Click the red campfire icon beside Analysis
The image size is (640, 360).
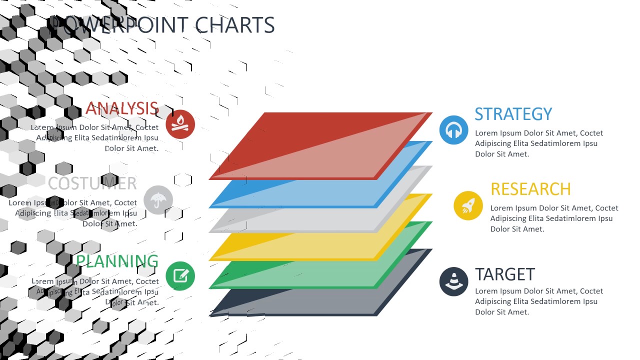[x=180, y=124]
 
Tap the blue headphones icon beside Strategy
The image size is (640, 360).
[x=453, y=130]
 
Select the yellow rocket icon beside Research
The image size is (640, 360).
[x=468, y=205]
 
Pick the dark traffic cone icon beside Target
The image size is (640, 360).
[x=453, y=281]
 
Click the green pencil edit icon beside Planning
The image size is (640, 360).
[x=180, y=276]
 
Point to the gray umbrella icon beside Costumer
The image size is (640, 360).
[x=158, y=200]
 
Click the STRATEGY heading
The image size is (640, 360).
[x=513, y=114]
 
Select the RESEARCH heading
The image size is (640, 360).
[x=530, y=189]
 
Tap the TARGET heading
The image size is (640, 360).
[x=504, y=274]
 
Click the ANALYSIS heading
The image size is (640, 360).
[x=122, y=108]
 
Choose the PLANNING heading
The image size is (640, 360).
[x=117, y=261]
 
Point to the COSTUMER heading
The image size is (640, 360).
[x=92, y=183]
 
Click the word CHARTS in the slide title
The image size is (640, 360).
[x=234, y=25]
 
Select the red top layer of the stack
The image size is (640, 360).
[x=320, y=145]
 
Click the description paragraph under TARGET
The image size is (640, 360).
[x=538, y=301]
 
